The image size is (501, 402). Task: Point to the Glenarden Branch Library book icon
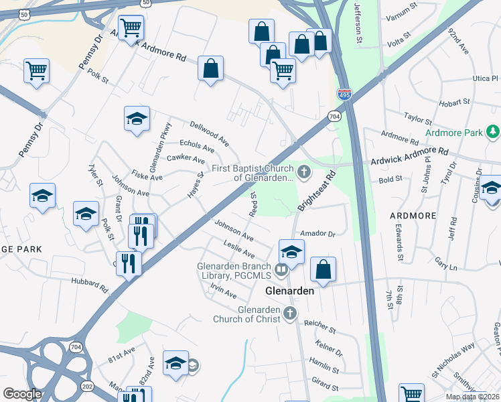coord(282,270)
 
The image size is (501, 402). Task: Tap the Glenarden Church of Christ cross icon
coord(289,313)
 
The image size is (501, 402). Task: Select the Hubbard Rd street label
coord(90,286)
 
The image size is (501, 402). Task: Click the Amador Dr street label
coord(317,234)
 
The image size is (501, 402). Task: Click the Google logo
coord(22,394)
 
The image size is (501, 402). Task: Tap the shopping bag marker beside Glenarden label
coord(323,269)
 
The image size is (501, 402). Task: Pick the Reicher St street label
coord(319,326)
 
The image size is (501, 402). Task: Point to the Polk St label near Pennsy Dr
coord(97,76)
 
